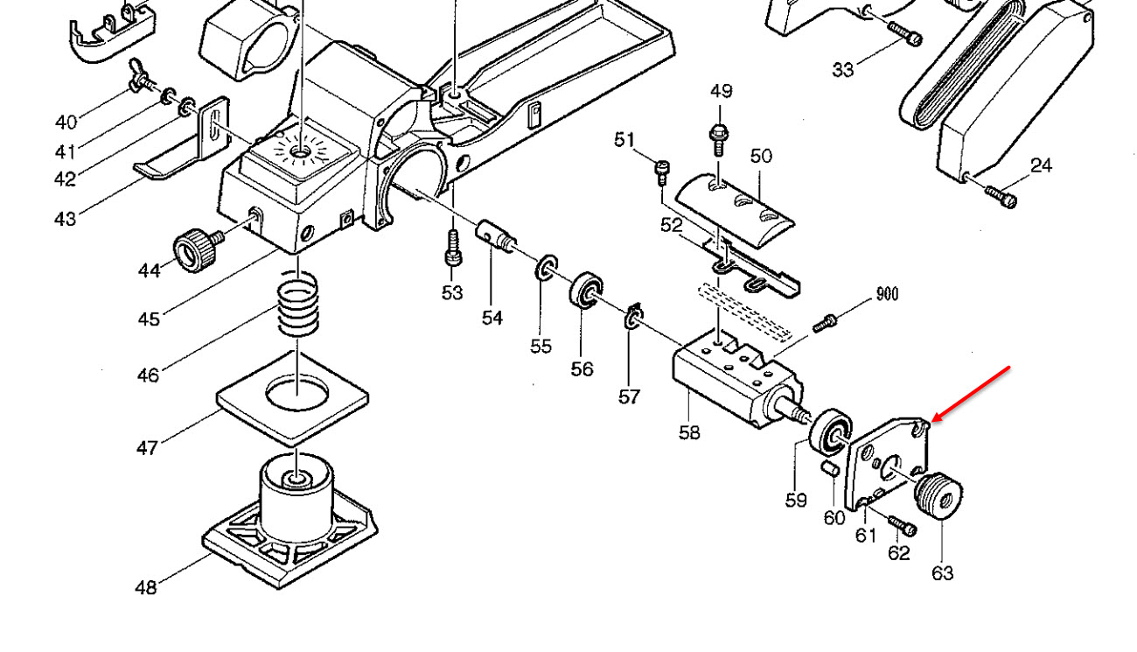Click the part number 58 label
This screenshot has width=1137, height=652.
tap(689, 432)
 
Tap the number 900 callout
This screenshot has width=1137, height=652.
tap(887, 294)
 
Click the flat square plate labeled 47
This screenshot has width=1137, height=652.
tap(293, 398)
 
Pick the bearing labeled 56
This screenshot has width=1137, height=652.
tap(586, 290)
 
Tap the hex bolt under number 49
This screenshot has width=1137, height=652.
tap(719, 139)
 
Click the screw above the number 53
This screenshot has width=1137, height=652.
tap(453, 249)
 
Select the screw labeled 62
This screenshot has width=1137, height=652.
tap(902, 526)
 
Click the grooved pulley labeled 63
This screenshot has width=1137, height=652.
tap(938, 495)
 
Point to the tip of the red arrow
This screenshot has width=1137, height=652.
tap(933, 421)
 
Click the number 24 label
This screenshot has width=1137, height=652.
tap(1041, 165)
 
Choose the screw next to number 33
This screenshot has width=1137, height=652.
tap(904, 33)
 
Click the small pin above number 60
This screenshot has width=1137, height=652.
tap(830, 468)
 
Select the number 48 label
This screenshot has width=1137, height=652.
tap(146, 587)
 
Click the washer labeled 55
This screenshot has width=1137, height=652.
tap(546, 267)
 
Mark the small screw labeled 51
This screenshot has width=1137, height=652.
tap(662, 173)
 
